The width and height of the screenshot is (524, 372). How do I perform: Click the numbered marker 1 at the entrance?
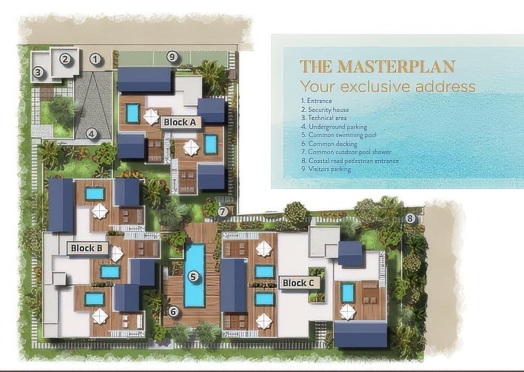[x=95, y=59]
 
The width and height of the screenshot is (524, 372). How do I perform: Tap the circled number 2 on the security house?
[x=65, y=59]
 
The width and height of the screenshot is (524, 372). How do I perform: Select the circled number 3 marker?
[x=38, y=72]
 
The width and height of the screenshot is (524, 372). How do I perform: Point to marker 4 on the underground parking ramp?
[x=91, y=134]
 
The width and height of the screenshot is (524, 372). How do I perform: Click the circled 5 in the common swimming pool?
[x=193, y=276]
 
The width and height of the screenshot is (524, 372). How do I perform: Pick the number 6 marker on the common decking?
[x=172, y=312]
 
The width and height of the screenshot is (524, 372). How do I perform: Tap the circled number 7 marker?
[x=223, y=211]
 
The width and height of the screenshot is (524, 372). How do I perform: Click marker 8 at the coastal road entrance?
[x=410, y=219]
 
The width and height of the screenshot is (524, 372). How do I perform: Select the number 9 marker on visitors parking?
[x=172, y=56]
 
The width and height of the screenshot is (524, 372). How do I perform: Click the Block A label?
[x=180, y=122]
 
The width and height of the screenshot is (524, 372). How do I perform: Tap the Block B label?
[x=87, y=248]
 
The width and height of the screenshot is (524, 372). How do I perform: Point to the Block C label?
[x=298, y=283]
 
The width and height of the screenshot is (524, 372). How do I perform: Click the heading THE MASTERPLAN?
[x=377, y=66]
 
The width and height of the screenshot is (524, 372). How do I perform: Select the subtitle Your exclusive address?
[x=388, y=86]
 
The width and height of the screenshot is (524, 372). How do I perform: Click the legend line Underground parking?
[x=335, y=127]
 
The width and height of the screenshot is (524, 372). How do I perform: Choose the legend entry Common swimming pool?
[x=338, y=135]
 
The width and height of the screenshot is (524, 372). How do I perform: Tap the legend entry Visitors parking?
[x=326, y=169]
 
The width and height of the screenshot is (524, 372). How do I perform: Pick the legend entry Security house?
[x=325, y=110]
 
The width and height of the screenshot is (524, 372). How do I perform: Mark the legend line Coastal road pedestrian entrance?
[x=350, y=161]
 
